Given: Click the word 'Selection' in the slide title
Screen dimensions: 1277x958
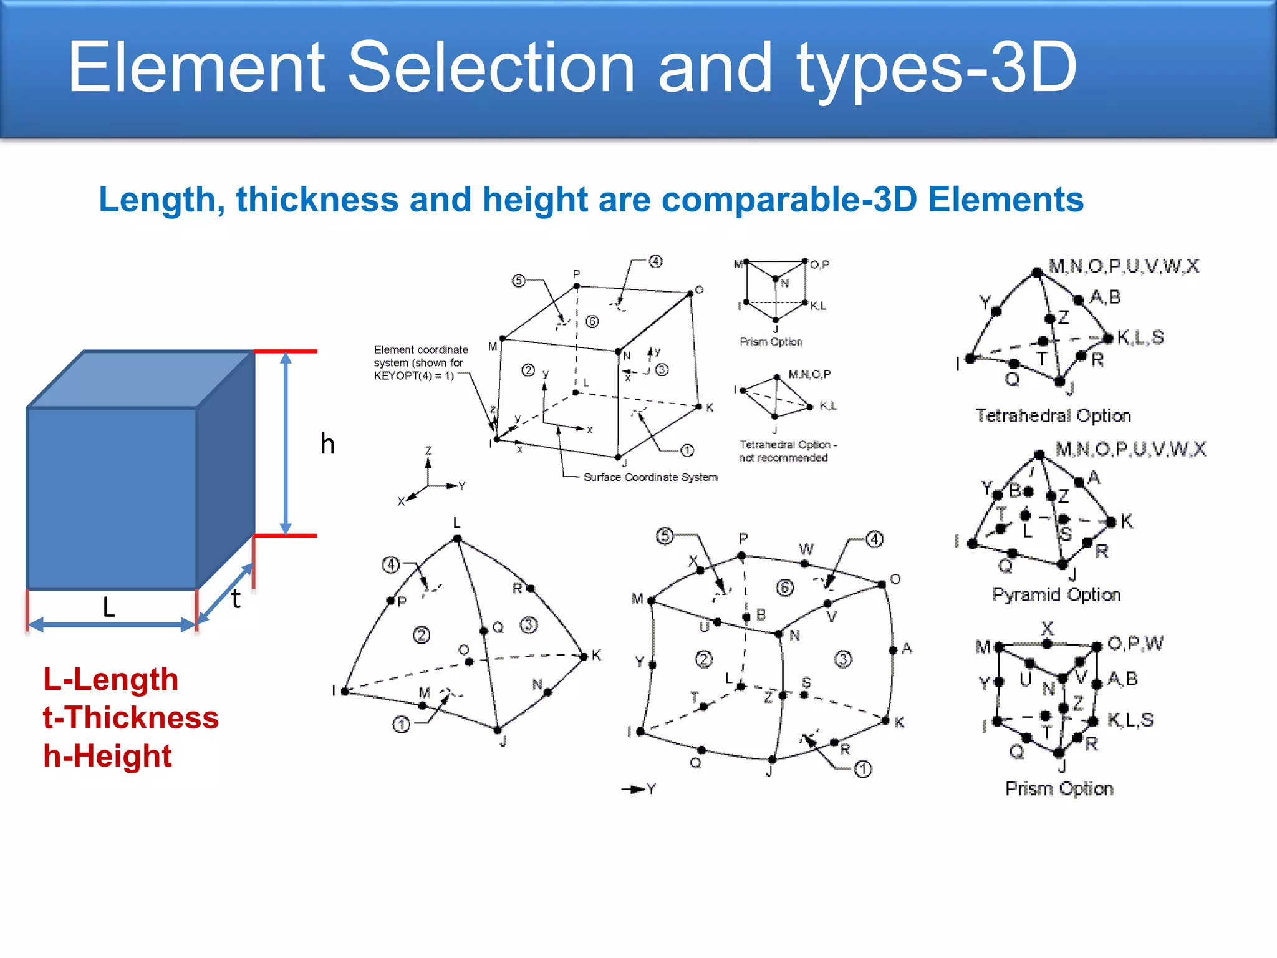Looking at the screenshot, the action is click(490, 67).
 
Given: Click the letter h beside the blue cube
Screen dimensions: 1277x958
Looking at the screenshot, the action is click(327, 444).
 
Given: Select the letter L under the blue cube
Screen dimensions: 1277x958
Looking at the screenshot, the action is click(109, 607).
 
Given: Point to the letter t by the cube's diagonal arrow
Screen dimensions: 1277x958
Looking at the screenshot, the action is click(236, 599).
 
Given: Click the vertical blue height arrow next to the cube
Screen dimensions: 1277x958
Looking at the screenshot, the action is click(286, 443).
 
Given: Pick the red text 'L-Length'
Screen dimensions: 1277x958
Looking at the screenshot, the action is click(110, 679).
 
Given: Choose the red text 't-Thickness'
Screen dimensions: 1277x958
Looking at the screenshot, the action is click(131, 717).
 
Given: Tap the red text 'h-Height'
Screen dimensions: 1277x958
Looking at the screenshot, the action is click(107, 756).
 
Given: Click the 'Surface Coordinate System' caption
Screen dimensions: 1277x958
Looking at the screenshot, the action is click(650, 477).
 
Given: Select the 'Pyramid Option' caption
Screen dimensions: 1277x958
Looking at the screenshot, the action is click(1056, 594).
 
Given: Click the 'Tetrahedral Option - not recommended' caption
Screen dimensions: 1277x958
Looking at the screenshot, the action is click(787, 451).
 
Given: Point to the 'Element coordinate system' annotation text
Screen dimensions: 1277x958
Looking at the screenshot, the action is click(420, 362).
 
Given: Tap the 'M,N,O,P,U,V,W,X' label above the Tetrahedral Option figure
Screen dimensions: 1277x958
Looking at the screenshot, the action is click(1124, 266).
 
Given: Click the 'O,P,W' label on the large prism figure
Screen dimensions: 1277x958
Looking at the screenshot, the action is click(1135, 643).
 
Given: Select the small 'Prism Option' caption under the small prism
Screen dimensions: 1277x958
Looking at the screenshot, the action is click(771, 342).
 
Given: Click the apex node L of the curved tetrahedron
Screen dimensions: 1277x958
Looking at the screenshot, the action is click(457, 538).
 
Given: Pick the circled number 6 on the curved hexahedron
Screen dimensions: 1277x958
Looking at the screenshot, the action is click(784, 587).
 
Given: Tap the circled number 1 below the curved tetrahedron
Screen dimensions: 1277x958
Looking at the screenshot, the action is click(402, 725).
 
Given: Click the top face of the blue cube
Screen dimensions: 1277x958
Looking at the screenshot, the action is click(140, 379).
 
